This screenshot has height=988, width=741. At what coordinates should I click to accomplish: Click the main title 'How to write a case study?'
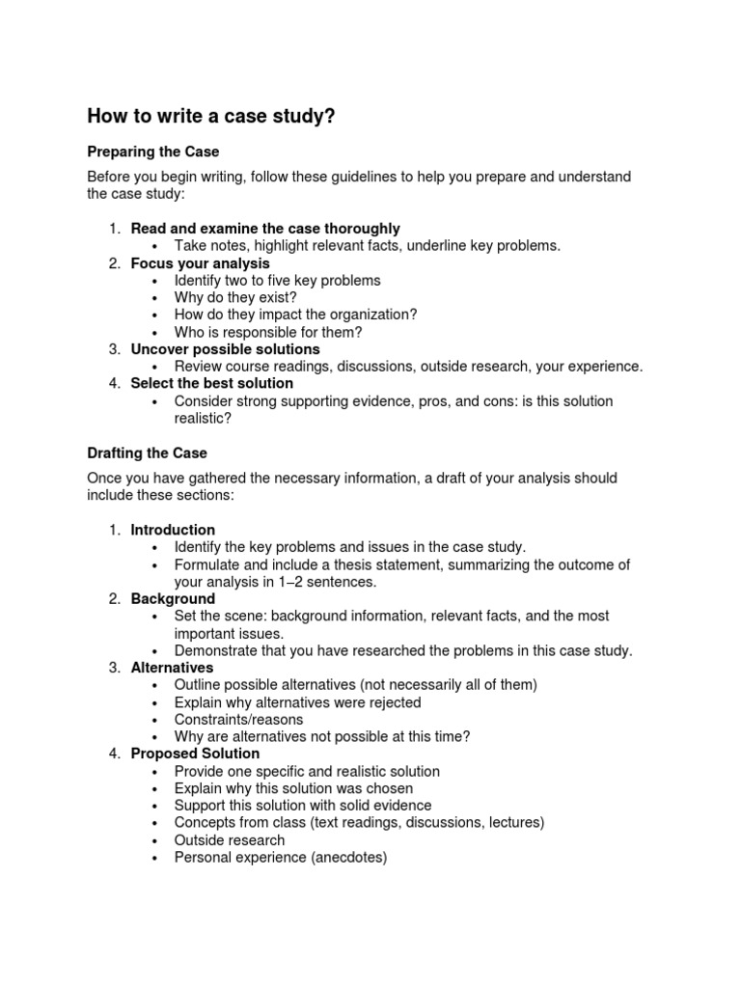pyautogui.click(x=211, y=117)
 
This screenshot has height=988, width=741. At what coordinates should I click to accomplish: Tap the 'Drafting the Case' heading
pyautogui.click(x=147, y=453)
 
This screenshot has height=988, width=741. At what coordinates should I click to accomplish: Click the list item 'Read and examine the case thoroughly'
pyautogui.click(x=264, y=229)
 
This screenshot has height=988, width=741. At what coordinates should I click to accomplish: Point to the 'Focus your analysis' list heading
pyautogui.click(x=200, y=263)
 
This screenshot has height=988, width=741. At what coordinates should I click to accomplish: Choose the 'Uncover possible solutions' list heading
pyautogui.click(x=225, y=349)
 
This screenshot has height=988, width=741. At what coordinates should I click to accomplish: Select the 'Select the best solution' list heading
pyautogui.click(x=211, y=383)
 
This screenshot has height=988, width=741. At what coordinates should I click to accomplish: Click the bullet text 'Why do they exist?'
pyautogui.click(x=235, y=297)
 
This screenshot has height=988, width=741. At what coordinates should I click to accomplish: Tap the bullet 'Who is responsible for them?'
pyautogui.click(x=268, y=332)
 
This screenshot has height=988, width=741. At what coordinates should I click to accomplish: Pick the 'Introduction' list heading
pyautogui.click(x=173, y=530)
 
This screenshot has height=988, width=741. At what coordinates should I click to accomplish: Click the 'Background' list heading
pyautogui.click(x=173, y=599)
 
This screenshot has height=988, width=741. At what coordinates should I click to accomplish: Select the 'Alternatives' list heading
pyautogui.click(x=172, y=668)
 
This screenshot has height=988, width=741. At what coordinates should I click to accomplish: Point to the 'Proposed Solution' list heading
pyautogui.click(x=195, y=754)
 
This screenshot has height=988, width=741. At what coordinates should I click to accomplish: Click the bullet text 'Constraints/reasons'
pyautogui.click(x=238, y=720)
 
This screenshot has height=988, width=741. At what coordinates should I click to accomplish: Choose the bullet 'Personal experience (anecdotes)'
pyautogui.click(x=280, y=857)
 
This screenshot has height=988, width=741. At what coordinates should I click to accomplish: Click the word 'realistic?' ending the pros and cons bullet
pyautogui.click(x=203, y=418)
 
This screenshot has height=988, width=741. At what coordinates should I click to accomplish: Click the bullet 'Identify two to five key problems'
pyautogui.click(x=277, y=281)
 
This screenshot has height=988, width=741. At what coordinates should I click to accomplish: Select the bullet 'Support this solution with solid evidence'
pyautogui.click(x=303, y=806)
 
